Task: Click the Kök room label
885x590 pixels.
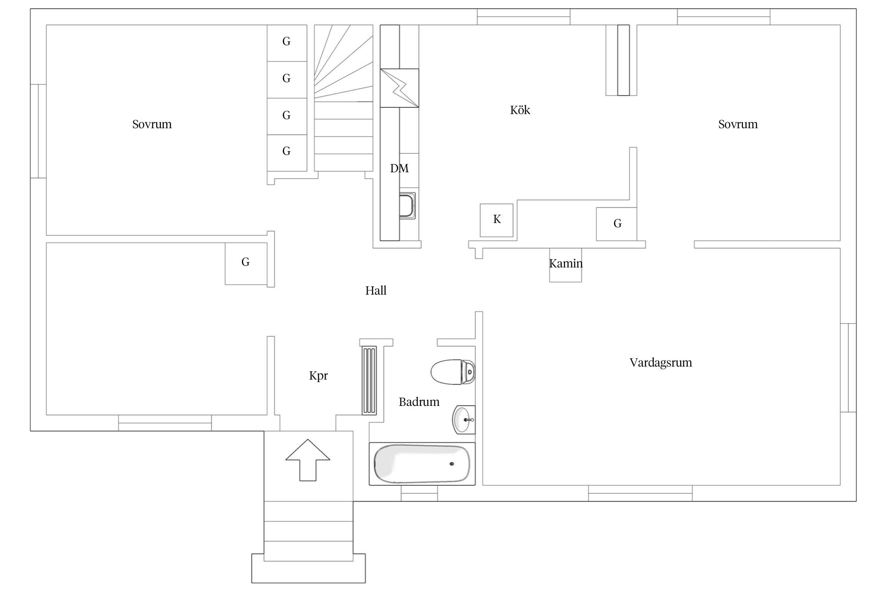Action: tap(520, 110)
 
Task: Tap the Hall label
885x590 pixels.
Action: tap(376, 291)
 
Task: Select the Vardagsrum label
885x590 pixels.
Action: tap(661, 363)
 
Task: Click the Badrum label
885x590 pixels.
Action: tap(419, 402)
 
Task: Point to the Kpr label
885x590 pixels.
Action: tap(318, 376)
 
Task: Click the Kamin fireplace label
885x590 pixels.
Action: tap(566, 263)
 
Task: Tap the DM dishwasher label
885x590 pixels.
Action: tap(399, 168)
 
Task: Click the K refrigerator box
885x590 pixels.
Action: tap(496, 220)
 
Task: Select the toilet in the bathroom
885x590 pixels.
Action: tap(453, 372)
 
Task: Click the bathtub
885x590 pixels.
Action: tap(422, 464)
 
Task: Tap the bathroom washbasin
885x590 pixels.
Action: tap(464, 420)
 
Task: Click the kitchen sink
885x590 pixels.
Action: tap(407, 205)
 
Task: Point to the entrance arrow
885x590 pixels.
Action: tap(308, 460)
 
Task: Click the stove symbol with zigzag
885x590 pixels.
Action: tap(399, 88)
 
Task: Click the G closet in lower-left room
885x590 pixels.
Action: tap(246, 264)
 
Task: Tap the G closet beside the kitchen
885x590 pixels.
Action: tap(616, 224)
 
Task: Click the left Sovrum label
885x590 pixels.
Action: tap(152, 124)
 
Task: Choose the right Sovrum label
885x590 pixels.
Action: tap(738, 124)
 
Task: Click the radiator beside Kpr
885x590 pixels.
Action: tap(369, 380)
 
